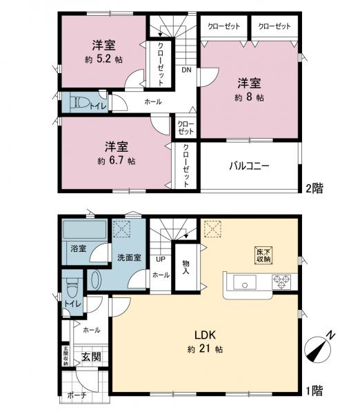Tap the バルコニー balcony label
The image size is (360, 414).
click(249, 166)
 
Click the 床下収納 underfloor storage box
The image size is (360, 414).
click(264, 255)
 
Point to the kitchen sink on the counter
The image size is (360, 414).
click(245, 282)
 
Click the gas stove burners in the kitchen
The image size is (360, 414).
click(283, 282)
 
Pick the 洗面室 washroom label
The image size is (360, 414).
click(129, 257)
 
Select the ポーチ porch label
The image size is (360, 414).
click(77, 395)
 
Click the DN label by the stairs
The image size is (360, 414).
click(186, 70)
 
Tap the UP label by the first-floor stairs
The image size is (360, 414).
click(160, 259)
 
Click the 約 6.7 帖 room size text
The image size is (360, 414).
click(117, 160)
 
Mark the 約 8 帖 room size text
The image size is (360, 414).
click(249, 97)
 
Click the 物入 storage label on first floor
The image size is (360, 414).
click(186, 266)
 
